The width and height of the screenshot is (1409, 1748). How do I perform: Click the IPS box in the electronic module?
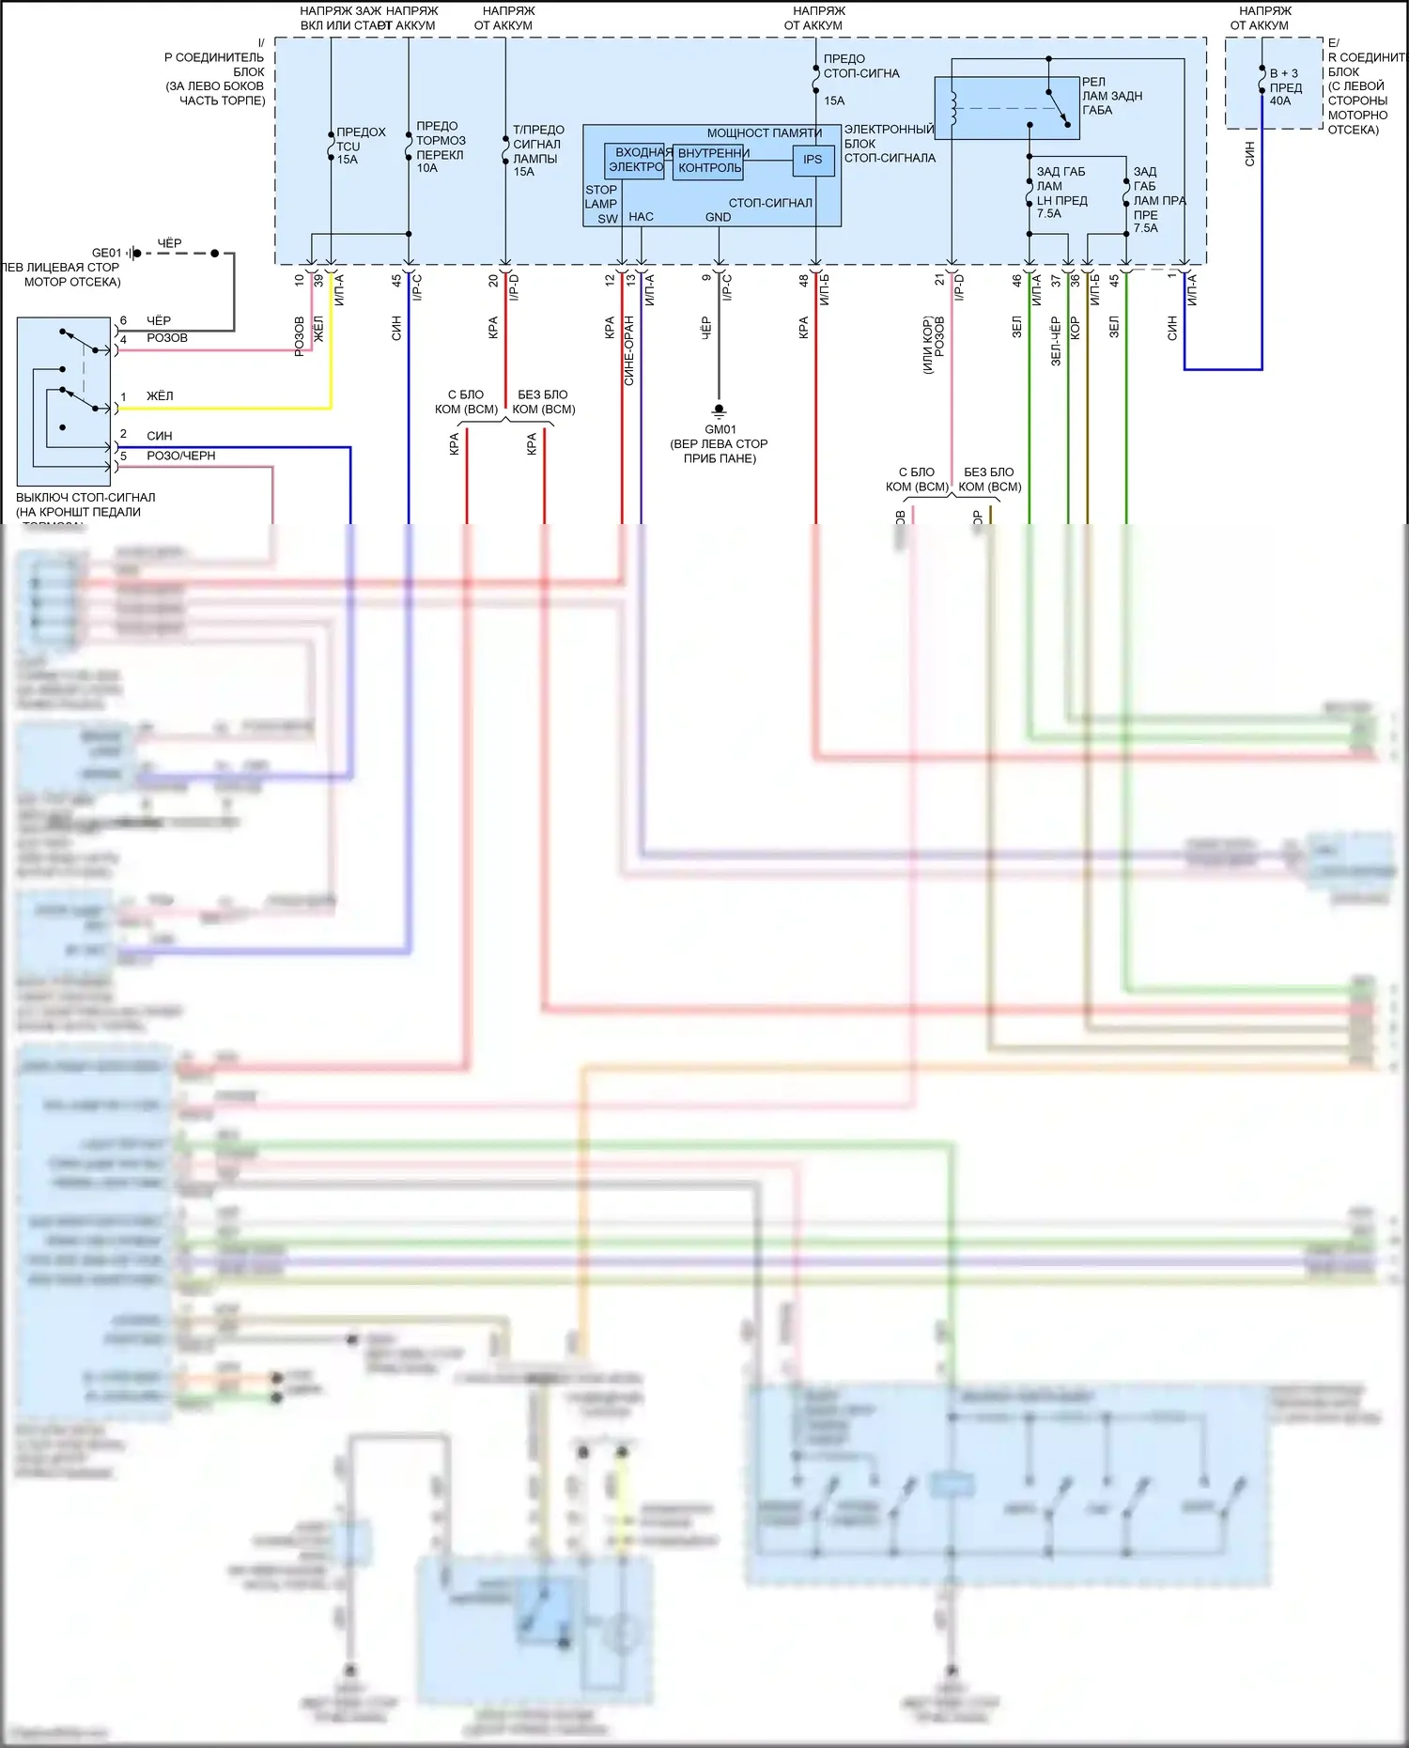813,161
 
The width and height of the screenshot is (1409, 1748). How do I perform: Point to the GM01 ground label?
720,429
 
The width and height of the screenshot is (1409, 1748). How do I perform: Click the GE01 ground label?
106,253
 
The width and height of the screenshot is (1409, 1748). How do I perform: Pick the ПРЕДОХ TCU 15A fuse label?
360,146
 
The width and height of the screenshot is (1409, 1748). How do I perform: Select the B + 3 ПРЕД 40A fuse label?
1285,87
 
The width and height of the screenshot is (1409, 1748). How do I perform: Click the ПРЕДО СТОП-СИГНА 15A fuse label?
859,80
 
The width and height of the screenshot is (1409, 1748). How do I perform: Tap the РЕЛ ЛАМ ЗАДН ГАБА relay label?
1111,96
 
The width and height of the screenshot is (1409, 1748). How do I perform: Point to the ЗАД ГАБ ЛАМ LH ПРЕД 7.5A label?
1061,193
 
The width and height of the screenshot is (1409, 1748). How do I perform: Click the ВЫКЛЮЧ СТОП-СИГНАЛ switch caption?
85,505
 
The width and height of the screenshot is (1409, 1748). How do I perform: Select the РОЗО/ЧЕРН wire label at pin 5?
180,456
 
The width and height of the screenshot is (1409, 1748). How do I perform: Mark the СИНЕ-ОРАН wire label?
629,350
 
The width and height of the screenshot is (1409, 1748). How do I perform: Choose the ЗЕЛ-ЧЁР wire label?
1056,340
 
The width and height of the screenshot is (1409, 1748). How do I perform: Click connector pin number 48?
804,280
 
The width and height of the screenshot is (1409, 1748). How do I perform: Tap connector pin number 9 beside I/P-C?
707,278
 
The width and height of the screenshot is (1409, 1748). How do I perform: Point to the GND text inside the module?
718,217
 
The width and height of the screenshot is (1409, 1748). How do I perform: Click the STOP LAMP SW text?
601,204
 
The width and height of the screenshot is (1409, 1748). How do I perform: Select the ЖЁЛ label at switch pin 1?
160,396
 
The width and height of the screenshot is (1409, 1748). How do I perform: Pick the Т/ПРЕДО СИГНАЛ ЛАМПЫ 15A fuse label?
537,150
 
